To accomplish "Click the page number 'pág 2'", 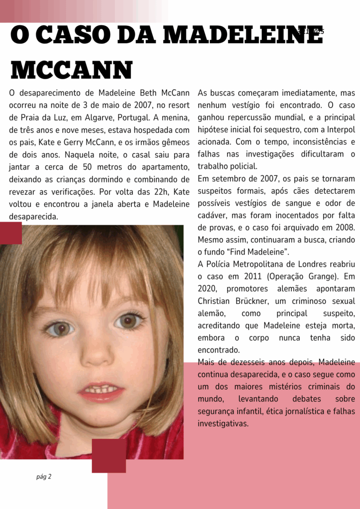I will tap(44, 477).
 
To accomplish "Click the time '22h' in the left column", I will tap(147, 192).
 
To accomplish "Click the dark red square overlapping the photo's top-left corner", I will tap(10, 233).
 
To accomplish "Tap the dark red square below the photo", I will tap(109, 455).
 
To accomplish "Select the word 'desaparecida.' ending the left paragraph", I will tap(34, 216).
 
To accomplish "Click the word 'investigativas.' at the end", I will tap(223, 424).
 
